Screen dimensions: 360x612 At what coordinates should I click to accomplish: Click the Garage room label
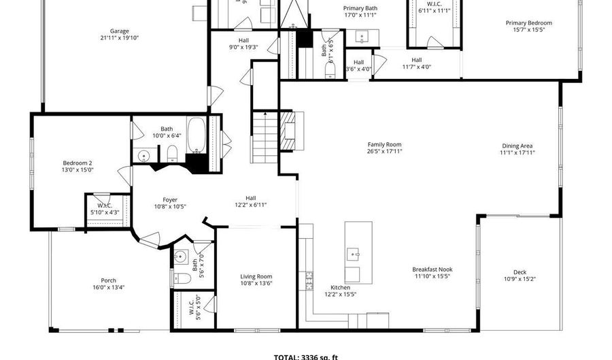[119, 31]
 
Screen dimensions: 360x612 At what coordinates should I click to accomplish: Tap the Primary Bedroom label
[528, 23]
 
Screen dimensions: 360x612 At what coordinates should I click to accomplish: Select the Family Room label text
[384, 144]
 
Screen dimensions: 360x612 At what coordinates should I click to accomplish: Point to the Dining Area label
[517, 146]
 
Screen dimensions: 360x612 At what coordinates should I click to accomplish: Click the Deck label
[520, 273]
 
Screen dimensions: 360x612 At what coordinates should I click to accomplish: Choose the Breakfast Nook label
[432, 269]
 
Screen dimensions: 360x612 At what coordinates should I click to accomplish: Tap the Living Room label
[256, 276]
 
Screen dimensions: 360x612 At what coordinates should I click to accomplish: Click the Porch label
[108, 280]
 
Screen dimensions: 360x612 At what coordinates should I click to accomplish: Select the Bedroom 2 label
[78, 163]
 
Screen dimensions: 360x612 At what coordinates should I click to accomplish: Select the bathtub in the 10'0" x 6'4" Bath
[196, 136]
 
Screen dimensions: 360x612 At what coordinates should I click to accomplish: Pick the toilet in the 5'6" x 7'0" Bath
[182, 278]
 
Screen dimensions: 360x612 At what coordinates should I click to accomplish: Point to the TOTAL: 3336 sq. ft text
[305, 356]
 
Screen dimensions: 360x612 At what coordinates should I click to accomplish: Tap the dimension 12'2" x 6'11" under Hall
[250, 204]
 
